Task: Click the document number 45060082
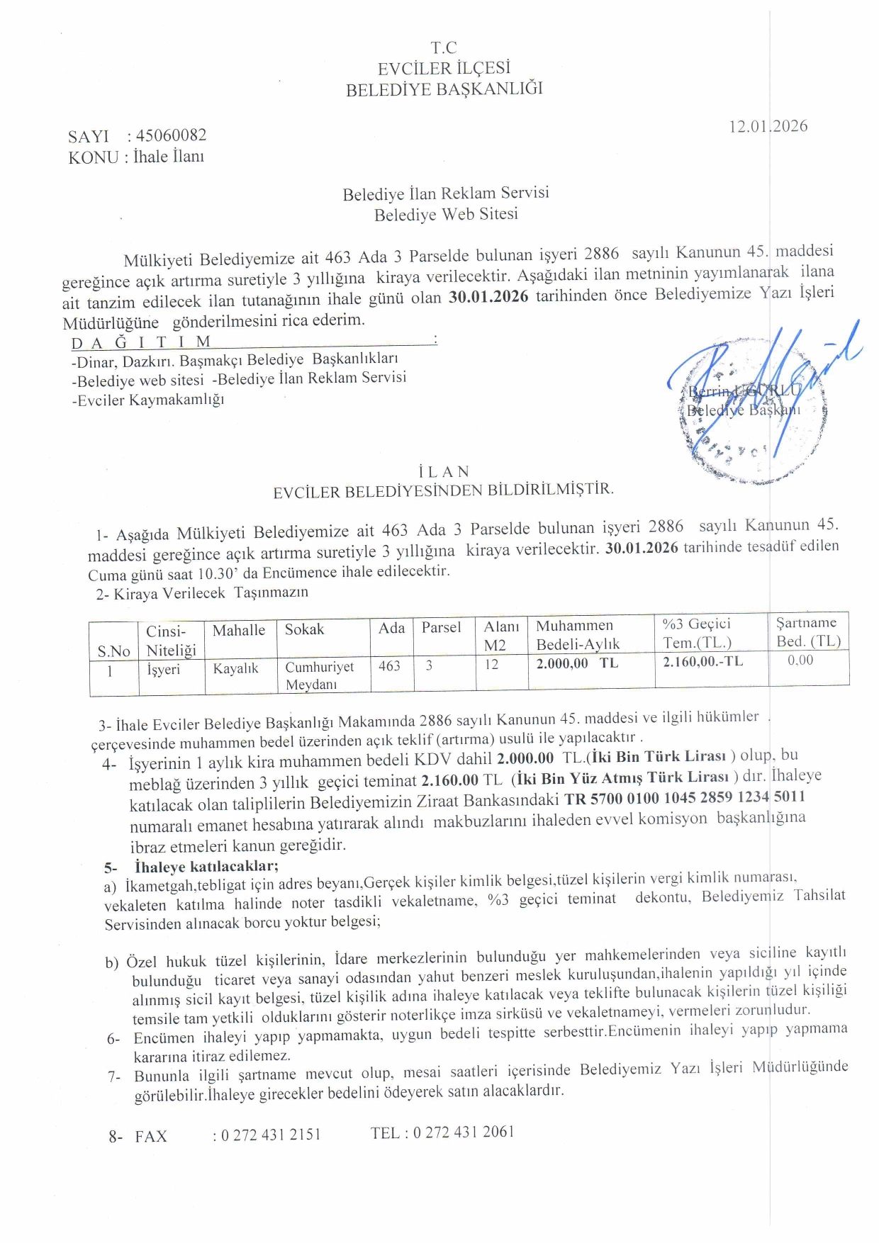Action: point(171,135)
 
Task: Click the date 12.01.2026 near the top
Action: point(768,126)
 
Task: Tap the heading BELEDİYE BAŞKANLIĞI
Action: point(444,89)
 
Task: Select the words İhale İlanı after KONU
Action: point(169,157)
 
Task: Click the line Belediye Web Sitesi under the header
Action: point(446,214)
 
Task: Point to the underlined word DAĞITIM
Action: point(142,342)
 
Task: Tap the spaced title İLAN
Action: point(444,471)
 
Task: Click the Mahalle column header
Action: point(239,630)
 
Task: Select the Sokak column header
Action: point(304,629)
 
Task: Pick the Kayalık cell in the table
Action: point(235,668)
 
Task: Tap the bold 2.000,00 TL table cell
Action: point(577,663)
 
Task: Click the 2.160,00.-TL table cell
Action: point(702,661)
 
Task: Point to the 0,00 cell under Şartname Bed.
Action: point(800,660)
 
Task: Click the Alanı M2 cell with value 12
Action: point(492,665)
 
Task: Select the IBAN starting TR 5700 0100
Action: point(685,797)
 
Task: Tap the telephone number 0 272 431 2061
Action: point(464,1132)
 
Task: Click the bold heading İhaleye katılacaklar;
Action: point(206,866)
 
